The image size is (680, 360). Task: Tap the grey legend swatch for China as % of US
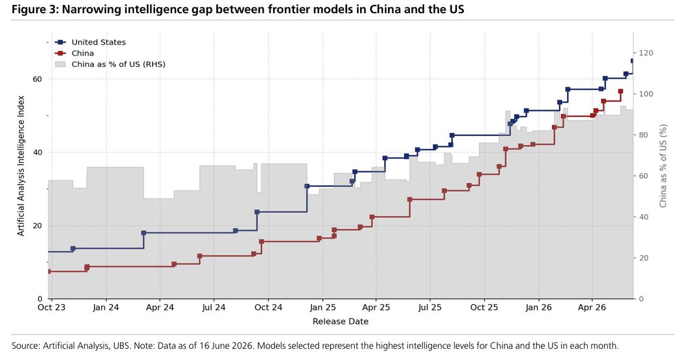click(61, 64)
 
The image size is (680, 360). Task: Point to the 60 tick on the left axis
click(37, 79)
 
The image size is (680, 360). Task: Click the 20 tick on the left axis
click(37, 226)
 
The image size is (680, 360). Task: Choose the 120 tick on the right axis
click(646, 53)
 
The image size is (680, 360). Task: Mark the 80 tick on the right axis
click(643, 135)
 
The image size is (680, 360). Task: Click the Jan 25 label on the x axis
click(322, 307)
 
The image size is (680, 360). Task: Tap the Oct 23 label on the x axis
click(52, 307)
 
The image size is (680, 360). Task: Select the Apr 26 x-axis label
click(592, 307)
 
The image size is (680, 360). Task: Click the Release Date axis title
click(341, 321)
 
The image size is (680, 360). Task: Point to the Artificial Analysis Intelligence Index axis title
click(20, 166)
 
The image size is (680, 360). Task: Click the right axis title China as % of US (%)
click(663, 166)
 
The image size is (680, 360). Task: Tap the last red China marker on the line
click(620, 91)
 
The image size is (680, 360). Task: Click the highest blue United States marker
click(633, 61)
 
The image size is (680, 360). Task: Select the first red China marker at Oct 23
click(49, 271)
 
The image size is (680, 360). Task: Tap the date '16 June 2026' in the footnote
click(226, 346)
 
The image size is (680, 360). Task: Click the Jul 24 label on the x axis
click(214, 307)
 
